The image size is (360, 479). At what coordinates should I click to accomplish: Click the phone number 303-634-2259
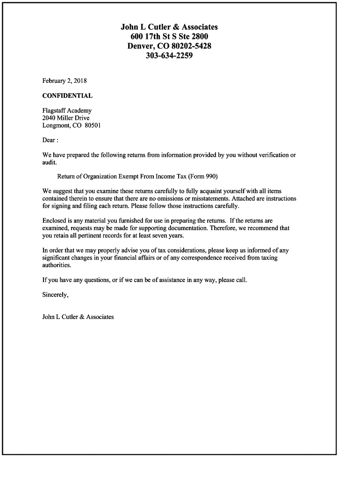(x=169, y=56)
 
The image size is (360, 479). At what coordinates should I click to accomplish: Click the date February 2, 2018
(x=65, y=81)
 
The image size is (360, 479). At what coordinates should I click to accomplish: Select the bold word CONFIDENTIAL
(x=67, y=96)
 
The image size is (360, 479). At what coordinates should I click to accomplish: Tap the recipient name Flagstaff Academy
(x=67, y=111)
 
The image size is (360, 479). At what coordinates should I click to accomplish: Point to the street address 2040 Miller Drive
(x=66, y=118)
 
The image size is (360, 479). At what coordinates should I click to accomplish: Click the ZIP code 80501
(x=93, y=125)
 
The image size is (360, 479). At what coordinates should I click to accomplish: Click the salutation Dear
(x=49, y=140)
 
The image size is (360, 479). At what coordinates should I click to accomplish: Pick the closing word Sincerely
(x=55, y=295)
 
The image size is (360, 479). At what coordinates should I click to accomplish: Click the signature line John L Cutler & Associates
(x=78, y=317)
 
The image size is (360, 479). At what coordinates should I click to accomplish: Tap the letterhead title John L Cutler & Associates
(x=169, y=27)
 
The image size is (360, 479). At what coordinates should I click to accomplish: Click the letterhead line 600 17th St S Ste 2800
(x=169, y=36)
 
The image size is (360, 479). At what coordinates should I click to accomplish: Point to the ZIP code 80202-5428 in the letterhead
(x=192, y=46)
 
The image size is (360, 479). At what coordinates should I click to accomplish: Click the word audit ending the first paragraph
(x=49, y=162)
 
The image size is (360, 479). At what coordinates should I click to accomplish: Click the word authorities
(x=57, y=265)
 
